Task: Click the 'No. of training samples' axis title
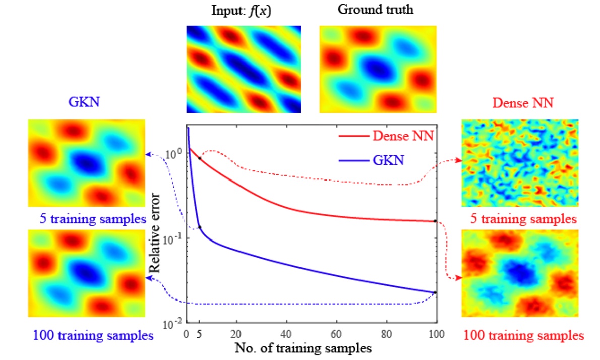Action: pyautogui.click(x=303, y=348)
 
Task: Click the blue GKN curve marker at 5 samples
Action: pyautogui.click(x=200, y=227)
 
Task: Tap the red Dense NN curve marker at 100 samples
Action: pyautogui.click(x=435, y=221)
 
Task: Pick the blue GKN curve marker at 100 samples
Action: pyautogui.click(x=435, y=292)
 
